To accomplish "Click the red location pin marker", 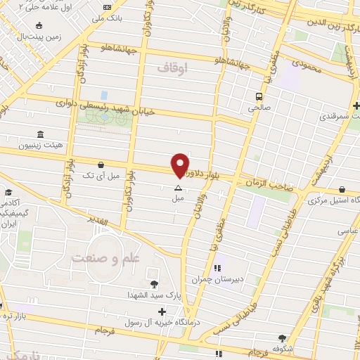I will point(180,165).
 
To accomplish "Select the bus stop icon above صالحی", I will point(259,96).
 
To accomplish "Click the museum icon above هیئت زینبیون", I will point(39,134).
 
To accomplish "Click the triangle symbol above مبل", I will point(178,188).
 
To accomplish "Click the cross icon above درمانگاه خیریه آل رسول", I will point(162,311).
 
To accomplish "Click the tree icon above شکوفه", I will point(282,337).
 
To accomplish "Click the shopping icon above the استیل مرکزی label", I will point(342,189).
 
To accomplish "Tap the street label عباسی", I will point(347,230).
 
